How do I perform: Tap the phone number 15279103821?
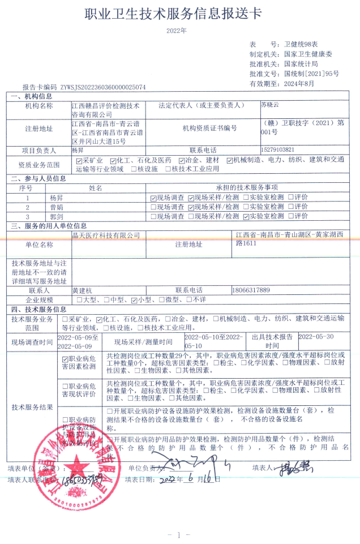[x=277, y=150]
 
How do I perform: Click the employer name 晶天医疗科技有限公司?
[x=106, y=234]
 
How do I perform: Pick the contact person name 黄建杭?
[x=82, y=290]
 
